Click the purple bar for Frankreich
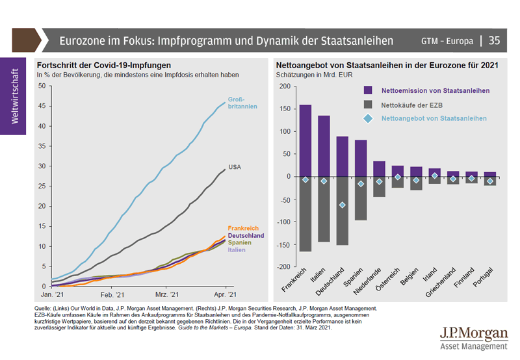(x=305, y=140)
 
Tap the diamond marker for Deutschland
(x=342, y=205)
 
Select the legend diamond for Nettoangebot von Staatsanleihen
(x=368, y=118)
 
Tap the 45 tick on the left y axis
(x=42, y=105)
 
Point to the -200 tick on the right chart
(x=283, y=266)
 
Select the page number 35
(x=495, y=41)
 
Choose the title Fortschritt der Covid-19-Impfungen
(x=104, y=66)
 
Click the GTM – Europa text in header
(x=447, y=41)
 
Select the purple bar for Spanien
(x=361, y=158)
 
